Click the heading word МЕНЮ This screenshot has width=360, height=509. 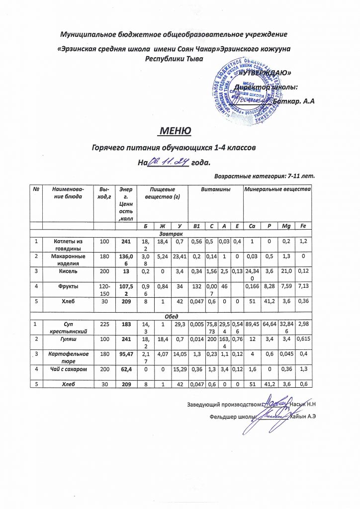tap(175, 131)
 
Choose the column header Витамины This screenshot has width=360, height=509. tap(215, 189)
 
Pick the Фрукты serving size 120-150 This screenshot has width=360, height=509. tap(103, 303)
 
